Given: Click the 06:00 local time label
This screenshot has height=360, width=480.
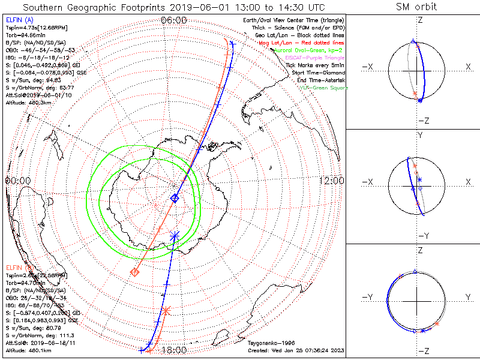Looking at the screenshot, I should click(174, 20).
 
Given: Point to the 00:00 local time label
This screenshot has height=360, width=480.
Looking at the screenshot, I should click(18, 181).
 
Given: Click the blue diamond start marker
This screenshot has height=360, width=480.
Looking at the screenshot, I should click(175, 198).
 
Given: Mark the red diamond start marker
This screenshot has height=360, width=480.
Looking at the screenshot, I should click(135, 272).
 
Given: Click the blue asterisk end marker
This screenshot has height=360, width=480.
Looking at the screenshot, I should click(175, 236).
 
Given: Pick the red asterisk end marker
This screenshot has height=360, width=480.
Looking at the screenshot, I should click(166, 310).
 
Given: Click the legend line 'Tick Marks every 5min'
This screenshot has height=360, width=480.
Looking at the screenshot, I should click(317, 64).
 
